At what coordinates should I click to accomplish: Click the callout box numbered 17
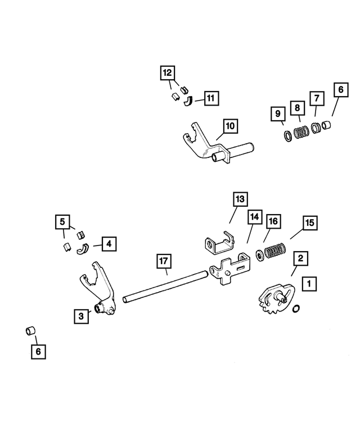163,261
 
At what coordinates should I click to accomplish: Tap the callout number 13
240,199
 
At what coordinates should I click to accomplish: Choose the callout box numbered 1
308,284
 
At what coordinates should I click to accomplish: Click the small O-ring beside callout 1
296,308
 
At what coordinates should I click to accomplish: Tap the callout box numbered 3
82,317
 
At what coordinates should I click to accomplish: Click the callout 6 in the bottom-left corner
38,351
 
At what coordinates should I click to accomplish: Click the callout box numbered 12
167,73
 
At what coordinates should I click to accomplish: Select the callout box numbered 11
210,98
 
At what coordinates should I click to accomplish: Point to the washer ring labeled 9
287,136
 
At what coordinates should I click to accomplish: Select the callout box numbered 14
254,216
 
